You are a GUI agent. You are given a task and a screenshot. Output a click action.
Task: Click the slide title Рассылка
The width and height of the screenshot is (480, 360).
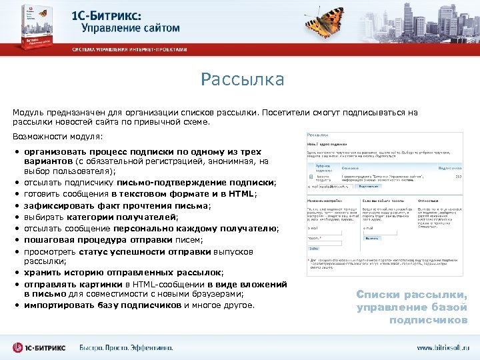click(x=243, y=80)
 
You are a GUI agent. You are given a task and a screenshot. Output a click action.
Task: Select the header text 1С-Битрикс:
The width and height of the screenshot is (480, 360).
click(x=116, y=15)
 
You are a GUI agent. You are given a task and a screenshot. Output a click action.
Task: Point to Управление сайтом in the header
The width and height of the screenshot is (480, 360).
click(x=131, y=29)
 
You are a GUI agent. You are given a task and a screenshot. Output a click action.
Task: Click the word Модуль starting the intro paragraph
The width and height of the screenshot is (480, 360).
click(x=29, y=113)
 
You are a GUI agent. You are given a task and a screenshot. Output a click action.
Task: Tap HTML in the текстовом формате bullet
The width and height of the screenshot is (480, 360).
click(x=242, y=194)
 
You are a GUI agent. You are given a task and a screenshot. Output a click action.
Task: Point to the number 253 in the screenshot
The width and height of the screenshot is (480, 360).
click(x=458, y=177)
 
